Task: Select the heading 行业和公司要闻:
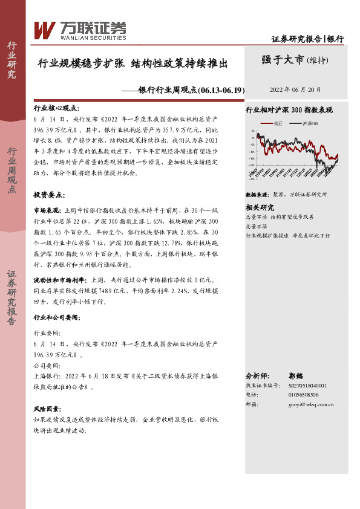(x=56, y=317)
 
